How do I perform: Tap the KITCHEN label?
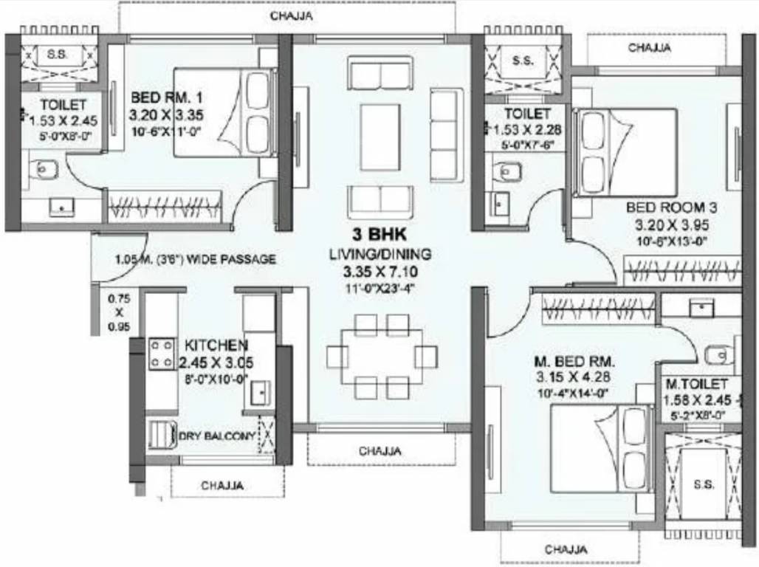point(216,346)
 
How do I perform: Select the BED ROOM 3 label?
point(671,207)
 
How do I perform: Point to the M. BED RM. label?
point(574,362)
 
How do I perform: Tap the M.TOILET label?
point(697,385)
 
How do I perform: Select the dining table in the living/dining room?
point(382,357)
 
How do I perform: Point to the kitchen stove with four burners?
point(162,352)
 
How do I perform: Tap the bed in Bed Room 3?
point(625,152)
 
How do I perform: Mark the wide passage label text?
point(195,260)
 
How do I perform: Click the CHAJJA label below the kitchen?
point(222,486)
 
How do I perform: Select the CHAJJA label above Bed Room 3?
point(649,48)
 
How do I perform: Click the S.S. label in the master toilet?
point(704,485)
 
